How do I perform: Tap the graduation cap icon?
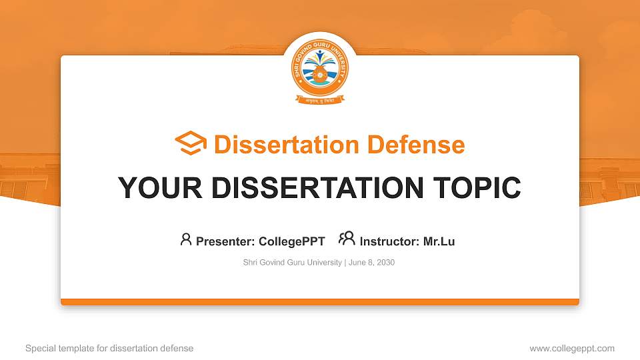click(191, 143)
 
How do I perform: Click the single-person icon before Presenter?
click(186, 240)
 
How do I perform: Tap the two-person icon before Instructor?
click(347, 239)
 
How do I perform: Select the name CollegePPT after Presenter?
click(292, 241)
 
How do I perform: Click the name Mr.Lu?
click(439, 241)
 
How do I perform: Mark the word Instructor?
click(389, 241)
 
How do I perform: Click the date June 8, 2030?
click(372, 263)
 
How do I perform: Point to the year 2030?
click(385, 263)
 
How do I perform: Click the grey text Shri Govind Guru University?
click(293, 263)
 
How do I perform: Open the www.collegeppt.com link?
click(571, 348)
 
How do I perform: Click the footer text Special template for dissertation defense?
click(109, 348)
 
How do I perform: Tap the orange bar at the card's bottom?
click(320, 302)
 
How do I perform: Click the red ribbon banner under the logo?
click(320, 101)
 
